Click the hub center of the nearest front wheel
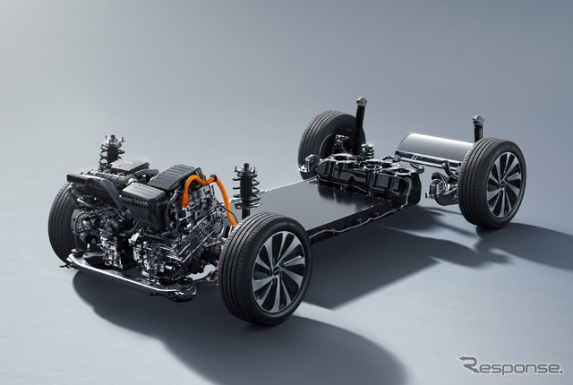tap(278, 271)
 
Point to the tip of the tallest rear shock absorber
tap(362, 99)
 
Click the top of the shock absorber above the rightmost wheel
tap(478, 119)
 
